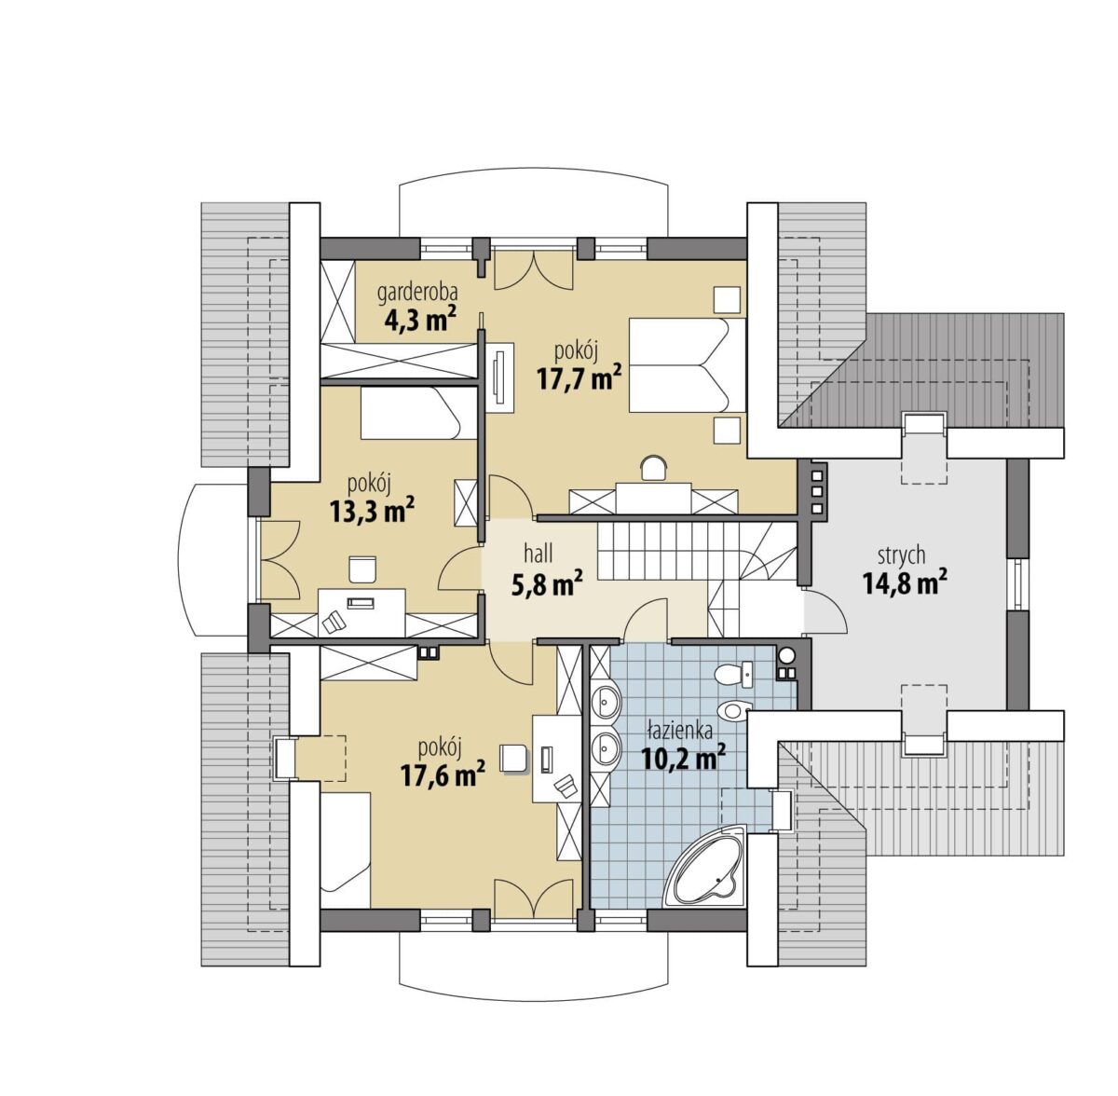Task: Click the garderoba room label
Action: (x=416, y=294)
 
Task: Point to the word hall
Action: (x=539, y=554)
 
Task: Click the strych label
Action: (x=901, y=556)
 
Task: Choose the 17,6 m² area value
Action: (x=443, y=774)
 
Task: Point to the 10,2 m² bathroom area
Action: (x=684, y=758)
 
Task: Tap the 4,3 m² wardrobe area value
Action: (x=419, y=319)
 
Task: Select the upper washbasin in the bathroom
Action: (x=607, y=704)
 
